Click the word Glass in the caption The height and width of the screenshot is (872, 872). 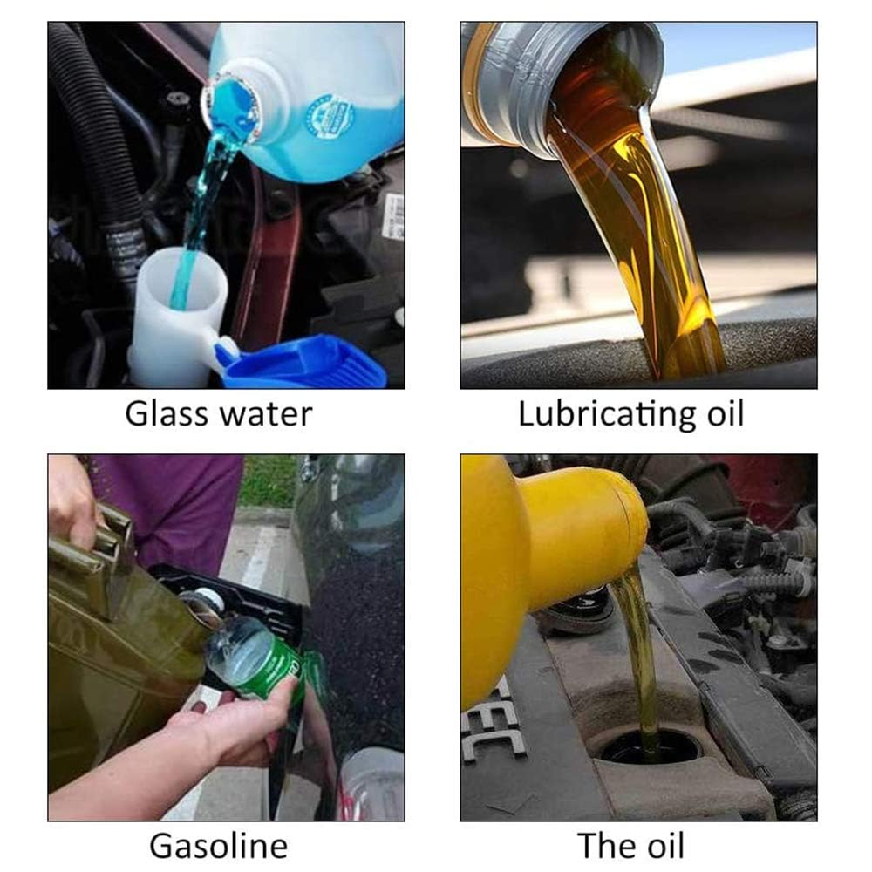coord(167,414)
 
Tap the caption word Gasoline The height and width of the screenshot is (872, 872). coord(219,847)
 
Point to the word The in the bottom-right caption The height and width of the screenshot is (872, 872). coord(604,847)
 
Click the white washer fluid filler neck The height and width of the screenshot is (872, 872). coord(180,317)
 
